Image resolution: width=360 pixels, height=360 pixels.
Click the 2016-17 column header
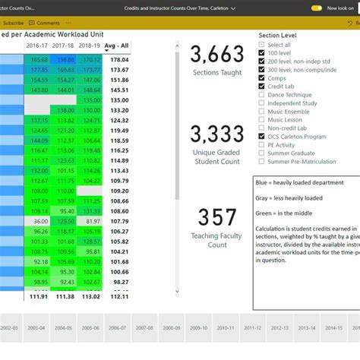(38, 46)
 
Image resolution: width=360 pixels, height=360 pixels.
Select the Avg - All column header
(116, 46)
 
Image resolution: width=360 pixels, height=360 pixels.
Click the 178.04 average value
(118, 59)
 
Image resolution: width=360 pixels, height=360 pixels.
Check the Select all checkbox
(262, 45)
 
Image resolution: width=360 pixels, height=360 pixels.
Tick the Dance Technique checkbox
(262, 95)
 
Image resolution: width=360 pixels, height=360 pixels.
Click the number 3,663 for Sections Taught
(216, 54)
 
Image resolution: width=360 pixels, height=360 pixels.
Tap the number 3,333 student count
(216, 135)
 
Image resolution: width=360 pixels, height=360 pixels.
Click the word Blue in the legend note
(264, 183)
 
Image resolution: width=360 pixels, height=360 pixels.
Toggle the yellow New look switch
(317, 8)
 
